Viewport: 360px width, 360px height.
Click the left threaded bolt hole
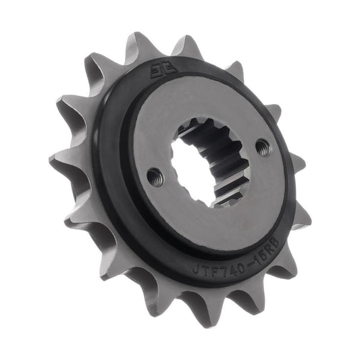[x=155, y=177]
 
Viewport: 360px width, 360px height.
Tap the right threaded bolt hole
[x=263, y=147]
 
